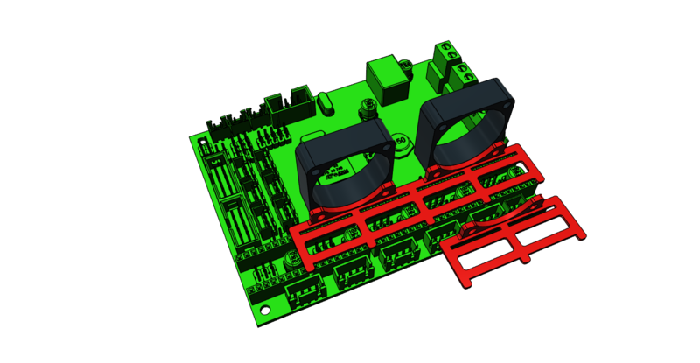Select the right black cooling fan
pos(467,122)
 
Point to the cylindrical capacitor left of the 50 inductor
pos(367,108)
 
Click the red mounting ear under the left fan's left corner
pos(313,214)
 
